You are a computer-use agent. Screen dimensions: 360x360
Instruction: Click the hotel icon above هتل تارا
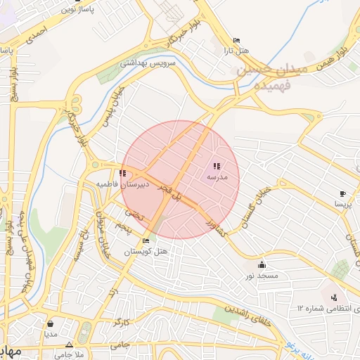[236, 41]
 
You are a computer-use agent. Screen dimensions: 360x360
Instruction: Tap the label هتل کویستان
[146, 251]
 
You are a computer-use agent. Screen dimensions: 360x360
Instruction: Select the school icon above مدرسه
[216, 166]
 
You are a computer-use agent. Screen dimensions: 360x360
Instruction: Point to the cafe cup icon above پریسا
[342, 193]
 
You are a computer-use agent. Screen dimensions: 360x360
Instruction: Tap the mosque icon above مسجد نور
[262, 265]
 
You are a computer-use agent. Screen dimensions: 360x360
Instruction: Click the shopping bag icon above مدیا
[51, 323]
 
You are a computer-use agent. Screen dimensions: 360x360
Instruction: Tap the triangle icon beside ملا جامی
[69, 345]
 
